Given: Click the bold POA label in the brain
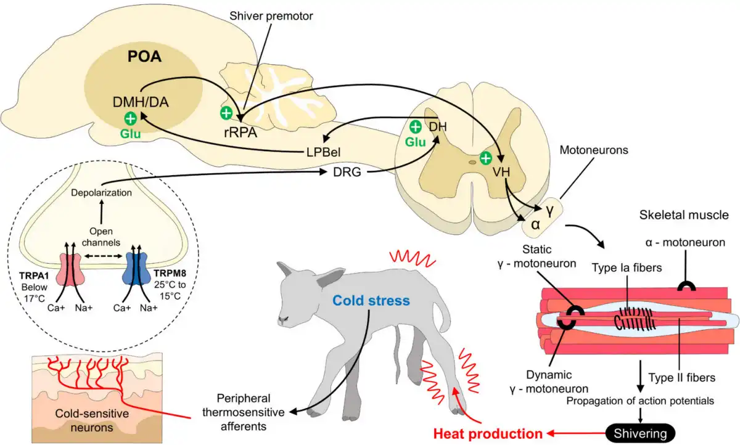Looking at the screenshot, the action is click(x=144, y=57).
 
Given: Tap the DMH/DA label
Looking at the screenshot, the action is click(x=141, y=102).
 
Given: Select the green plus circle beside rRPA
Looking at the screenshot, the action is click(x=226, y=113).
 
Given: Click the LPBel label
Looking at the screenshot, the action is click(x=323, y=152).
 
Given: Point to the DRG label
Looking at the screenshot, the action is click(x=347, y=172).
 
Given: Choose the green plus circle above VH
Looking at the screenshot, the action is click(x=486, y=158).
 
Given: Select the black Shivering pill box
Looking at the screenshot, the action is click(x=640, y=433).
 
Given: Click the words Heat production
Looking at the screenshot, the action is click(x=488, y=434).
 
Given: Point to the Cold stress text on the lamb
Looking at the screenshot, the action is click(x=371, y=300).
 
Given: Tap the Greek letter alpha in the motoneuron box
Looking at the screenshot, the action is click(x=535, y=224).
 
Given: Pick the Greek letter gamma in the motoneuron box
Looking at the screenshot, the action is click(x=549, y=210).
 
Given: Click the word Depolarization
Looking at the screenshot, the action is click(x=101, y=192).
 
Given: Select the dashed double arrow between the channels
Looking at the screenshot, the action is click(x=104, y=256).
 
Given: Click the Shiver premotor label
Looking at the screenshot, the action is click(x=271, y=16).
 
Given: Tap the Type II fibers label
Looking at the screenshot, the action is click(x=682, y=377).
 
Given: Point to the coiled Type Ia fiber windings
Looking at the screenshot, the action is click(x=635, y=319).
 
